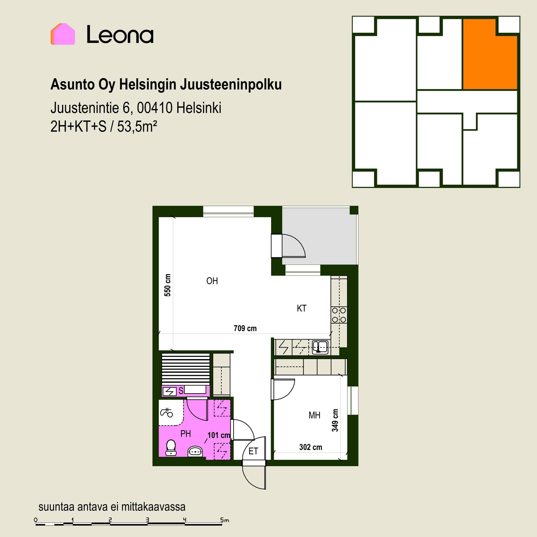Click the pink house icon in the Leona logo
coord(63,34)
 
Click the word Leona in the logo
coord(120,34)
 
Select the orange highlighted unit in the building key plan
coord(490,55)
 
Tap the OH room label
coord(212,281)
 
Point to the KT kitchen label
coord(302,308)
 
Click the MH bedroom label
coord(314,415)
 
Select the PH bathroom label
coord(186,434)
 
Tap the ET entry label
coord(253,451)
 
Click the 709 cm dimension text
coord(245,328)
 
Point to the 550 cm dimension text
coord(167,285)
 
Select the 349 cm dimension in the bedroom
coord(335,420)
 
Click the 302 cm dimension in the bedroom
coord(310,447)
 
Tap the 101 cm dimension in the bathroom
coord(219,435)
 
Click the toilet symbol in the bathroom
coord(171,447)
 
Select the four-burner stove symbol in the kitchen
coord(339,315)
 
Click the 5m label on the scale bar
coord(225,520)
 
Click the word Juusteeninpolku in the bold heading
coord(231,85)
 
